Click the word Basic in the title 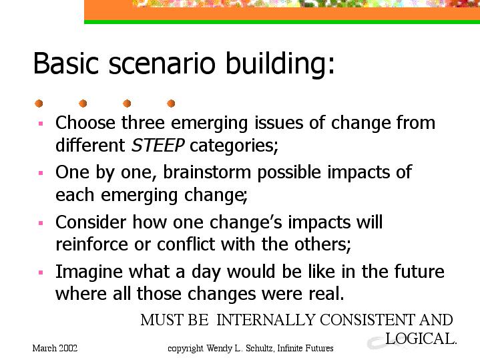[66, 63]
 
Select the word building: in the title [280, 63]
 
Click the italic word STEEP [158, 145]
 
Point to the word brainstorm [207, 172]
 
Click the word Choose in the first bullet [85, 122]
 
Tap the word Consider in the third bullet [91, 222]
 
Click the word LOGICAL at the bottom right [421, 339]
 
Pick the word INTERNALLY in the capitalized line [266, 320]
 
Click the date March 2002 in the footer [55, 348]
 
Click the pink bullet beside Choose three [41, 124]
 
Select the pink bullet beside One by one [41, 173]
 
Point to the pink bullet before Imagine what [41, 273]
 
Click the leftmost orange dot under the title [39, 104]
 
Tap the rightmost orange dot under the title [171, 104]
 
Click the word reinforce [91, 244]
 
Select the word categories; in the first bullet [234, 146]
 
